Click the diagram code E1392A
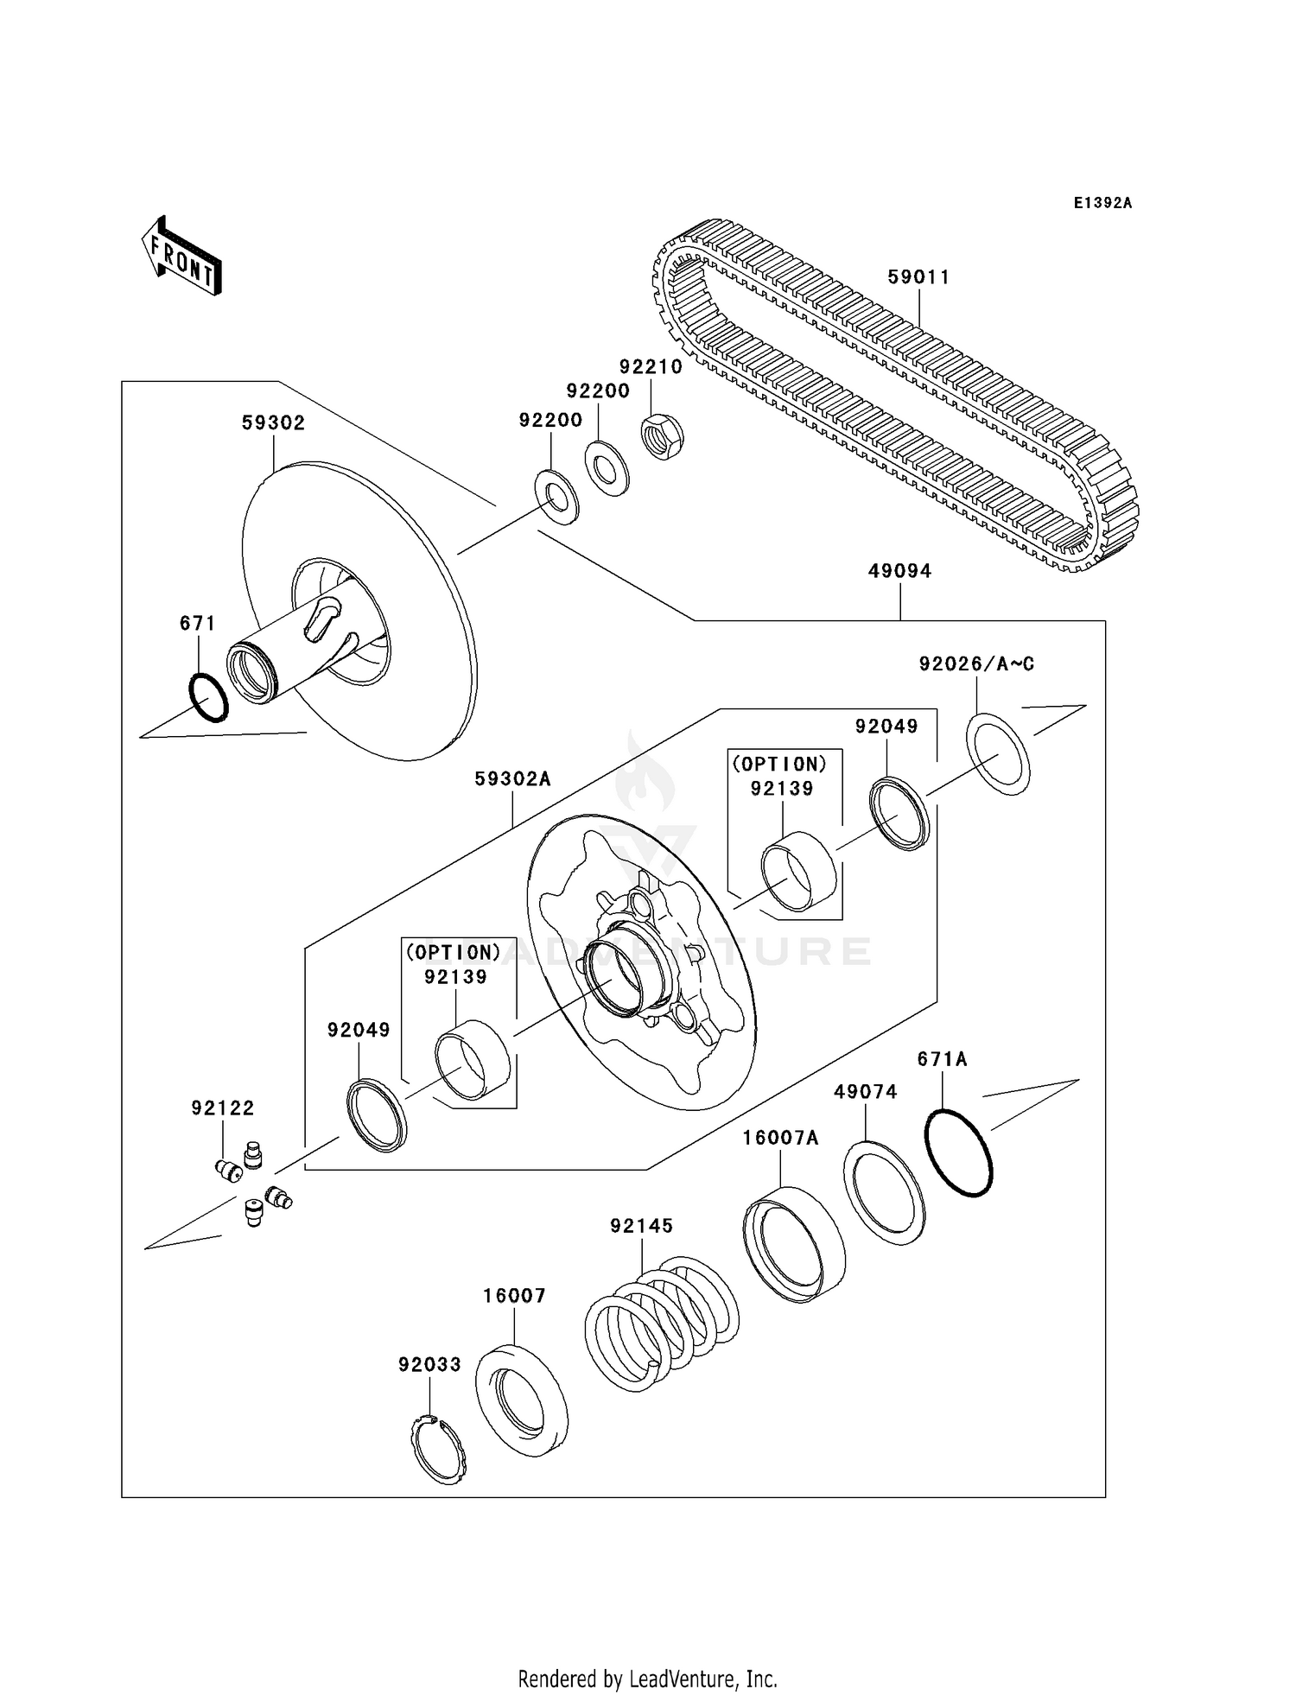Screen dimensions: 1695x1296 click(x=1102, y=203)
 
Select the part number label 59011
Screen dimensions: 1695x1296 click(x=918, y=277)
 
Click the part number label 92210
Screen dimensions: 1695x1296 click(x=651, y=367)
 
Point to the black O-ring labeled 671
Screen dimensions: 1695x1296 click(x=208, y=697)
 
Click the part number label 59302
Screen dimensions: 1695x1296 click(x=273, y=423)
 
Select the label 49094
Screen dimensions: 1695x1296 click(x=899, y=571)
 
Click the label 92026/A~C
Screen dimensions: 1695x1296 click(x=976, y=663)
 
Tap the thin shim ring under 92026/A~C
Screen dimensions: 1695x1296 click(x=998, y=753)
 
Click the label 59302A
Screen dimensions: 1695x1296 click(x=512, y=779)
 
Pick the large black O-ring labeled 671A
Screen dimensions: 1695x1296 click(x=959, y=1152)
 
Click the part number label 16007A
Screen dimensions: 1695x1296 click(x=780, y=1139)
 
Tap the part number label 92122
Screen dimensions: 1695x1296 click(x=223, y=1108)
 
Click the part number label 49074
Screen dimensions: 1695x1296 click(x=865, y=1092)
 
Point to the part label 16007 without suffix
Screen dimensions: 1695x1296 click(x=514, y=1296)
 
